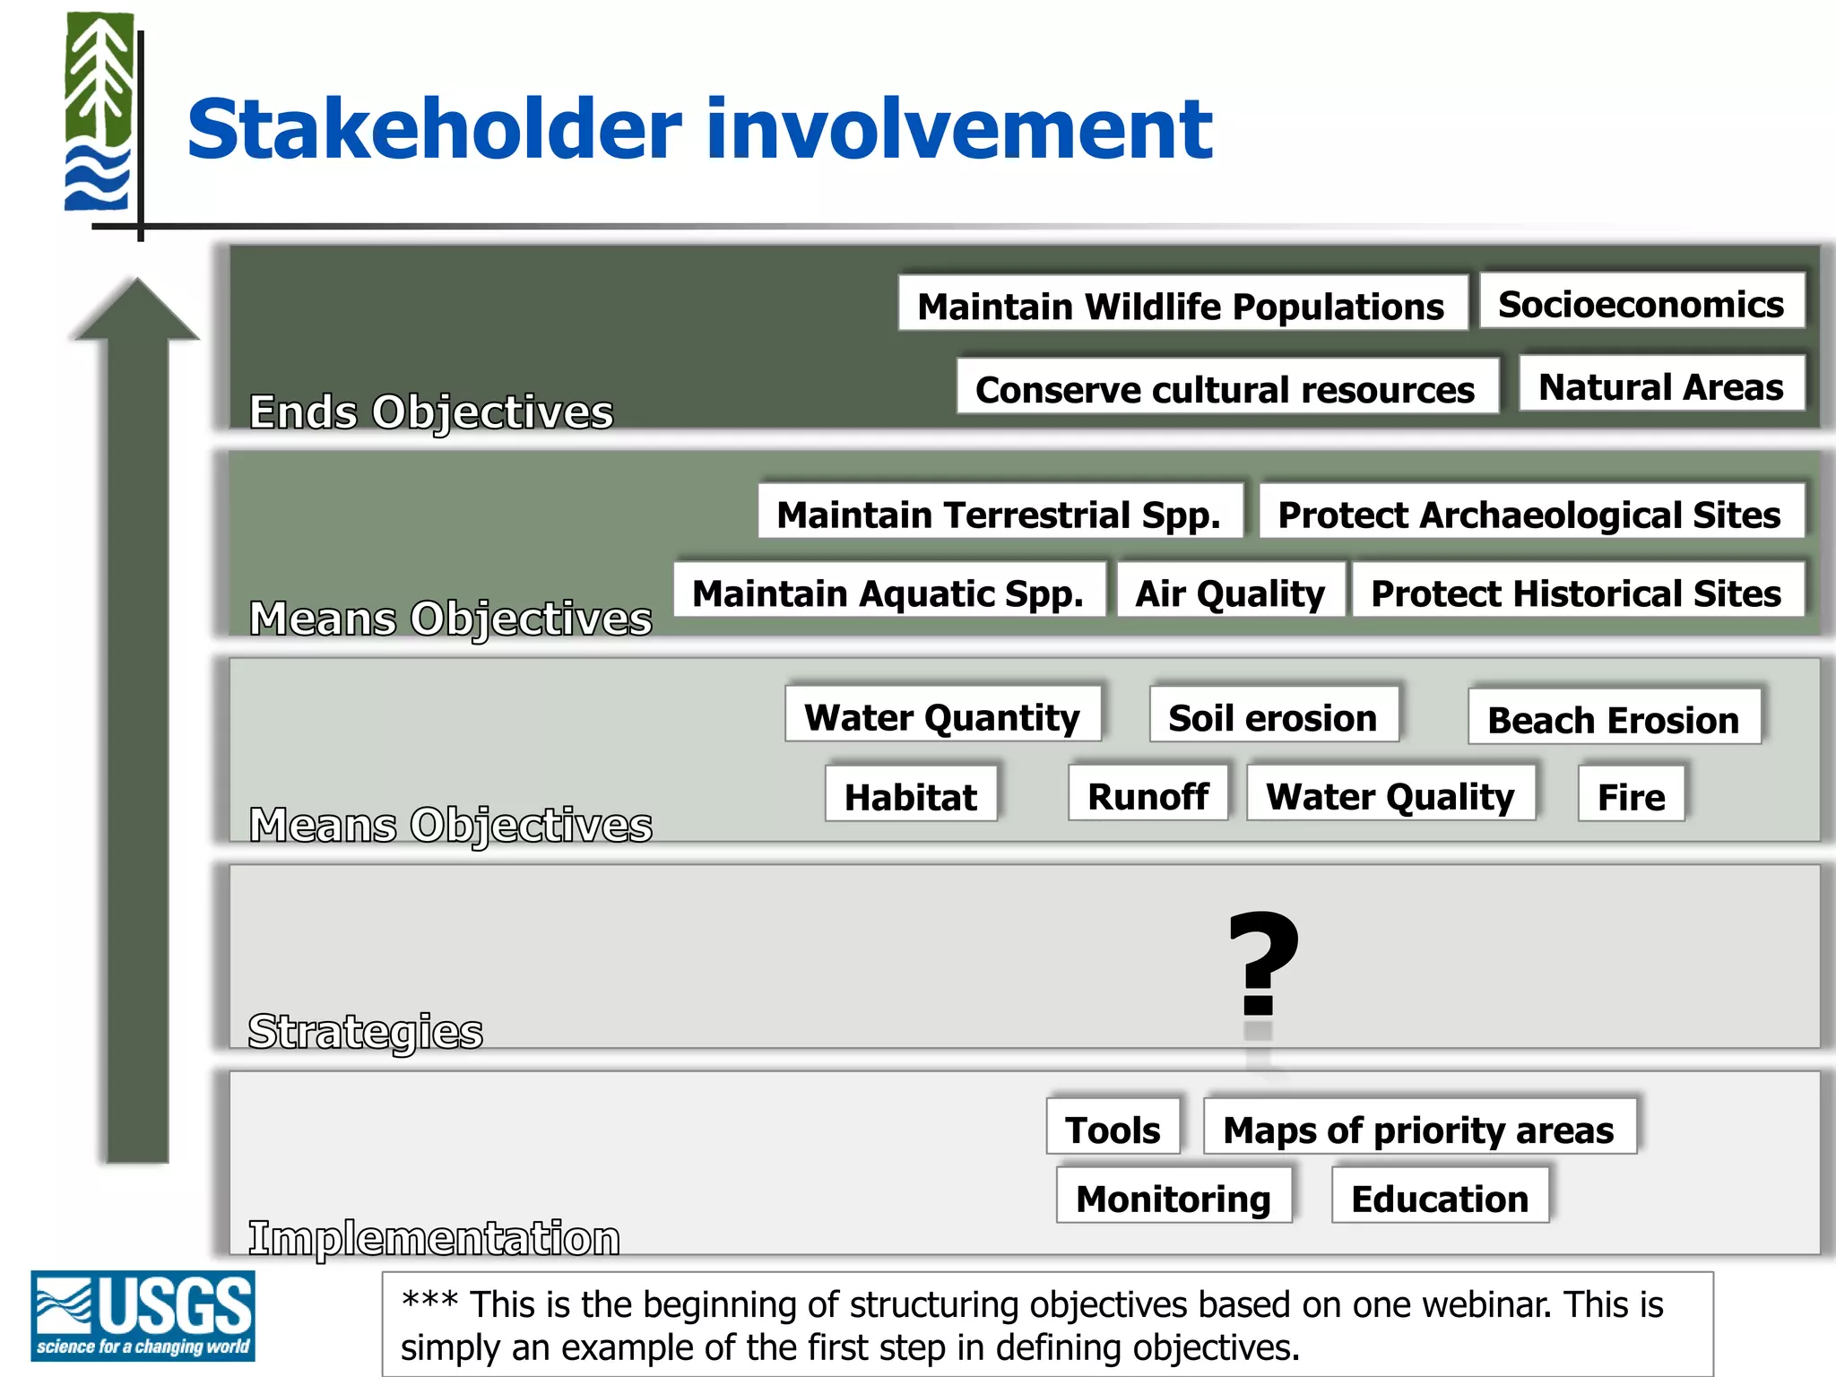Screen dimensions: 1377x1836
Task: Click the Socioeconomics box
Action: click(1641, 303)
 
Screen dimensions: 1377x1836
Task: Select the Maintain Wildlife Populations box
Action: click(1182, 306)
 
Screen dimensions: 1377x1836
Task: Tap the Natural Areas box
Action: click(1660, 385)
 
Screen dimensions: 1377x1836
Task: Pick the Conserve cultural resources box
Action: click(1225, 388)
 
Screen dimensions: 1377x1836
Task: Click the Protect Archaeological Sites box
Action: click(1529, 513)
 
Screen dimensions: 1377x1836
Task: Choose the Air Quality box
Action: click(1229, 592)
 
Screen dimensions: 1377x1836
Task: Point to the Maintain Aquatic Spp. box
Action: click(888, 592)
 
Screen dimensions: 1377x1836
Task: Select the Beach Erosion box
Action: click(1613, 718)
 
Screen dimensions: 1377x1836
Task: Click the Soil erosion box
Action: click(1272, 716)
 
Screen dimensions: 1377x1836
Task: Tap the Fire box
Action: click(1631, 795)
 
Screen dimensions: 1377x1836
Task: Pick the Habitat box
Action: click(910, 795)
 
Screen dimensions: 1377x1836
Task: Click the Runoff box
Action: click(1147, 795)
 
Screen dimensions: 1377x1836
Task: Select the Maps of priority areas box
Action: click(1418, 1129)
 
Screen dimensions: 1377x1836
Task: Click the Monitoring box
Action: click(1173, 1197)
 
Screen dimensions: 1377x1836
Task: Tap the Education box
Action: click(1439, 1197)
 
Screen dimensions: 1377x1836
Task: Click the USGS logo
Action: click(143, 1315)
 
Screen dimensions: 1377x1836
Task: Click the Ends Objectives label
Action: click(430, 411)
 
